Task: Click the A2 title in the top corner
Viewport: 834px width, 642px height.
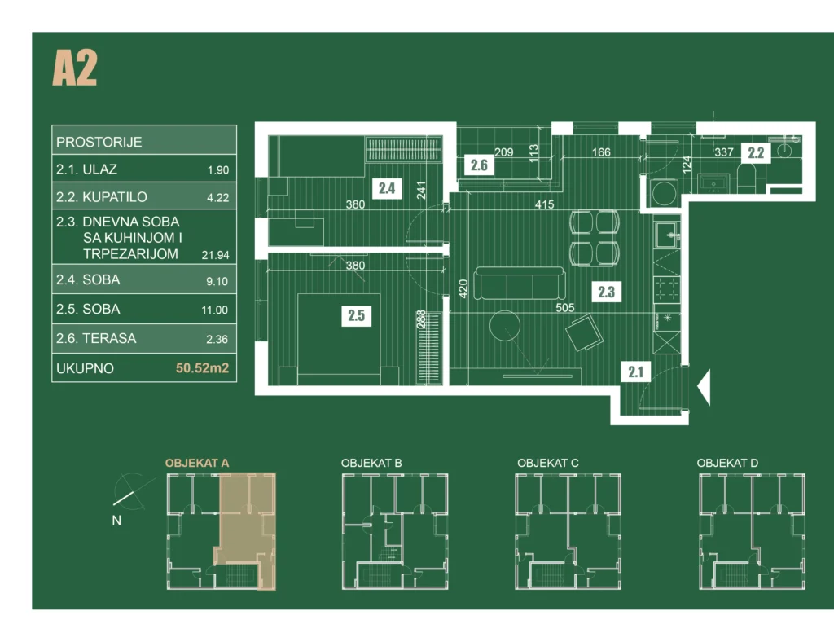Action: pyautogui.click(x=75, y=68)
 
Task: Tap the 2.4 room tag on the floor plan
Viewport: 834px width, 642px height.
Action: pyautogui.click(x=387, y=187)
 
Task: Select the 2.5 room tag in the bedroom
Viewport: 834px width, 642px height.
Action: pyautogui.click(x=356, y=315)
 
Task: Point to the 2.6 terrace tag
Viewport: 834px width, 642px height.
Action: pyautogui.click(x=479, y=165)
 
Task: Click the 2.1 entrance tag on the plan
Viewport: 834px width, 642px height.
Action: pyautogui.click(x=635, y=372)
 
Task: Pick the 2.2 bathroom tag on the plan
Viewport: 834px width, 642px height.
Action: pyautogui.click(x=756, y=152)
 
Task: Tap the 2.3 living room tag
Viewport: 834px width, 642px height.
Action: pyautogui.click(x=606, y=292)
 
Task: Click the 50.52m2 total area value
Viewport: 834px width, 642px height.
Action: pyautogui.click(x=202, y=368)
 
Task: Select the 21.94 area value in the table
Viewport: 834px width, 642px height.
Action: pyautogui.click(x=215, y=255)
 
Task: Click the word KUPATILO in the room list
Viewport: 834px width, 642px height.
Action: pyautogui.click(x=114, y=197)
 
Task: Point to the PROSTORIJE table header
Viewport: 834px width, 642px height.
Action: pyautogui.click(x=99, y=142)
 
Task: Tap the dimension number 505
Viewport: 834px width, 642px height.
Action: pyautogui.click(x=565, y=307)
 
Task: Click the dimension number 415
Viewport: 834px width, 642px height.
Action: pyautogui.click(x=544, y=204)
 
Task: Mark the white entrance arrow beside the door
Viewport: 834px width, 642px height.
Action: pyautogui.click(x=704, y=387)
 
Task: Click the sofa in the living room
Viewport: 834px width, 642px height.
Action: pyautogui.click(x=519, y=283)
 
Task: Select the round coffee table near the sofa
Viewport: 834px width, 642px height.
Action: pyautogui.click(x=504, y=326)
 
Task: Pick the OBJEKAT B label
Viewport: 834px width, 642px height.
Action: pyautogui.click(x=371, y=463)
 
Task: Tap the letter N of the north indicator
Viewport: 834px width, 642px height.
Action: pyautogui.click(x=116, y=520)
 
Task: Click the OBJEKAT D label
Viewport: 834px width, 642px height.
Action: pyautogui.click(x=727, y=463)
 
